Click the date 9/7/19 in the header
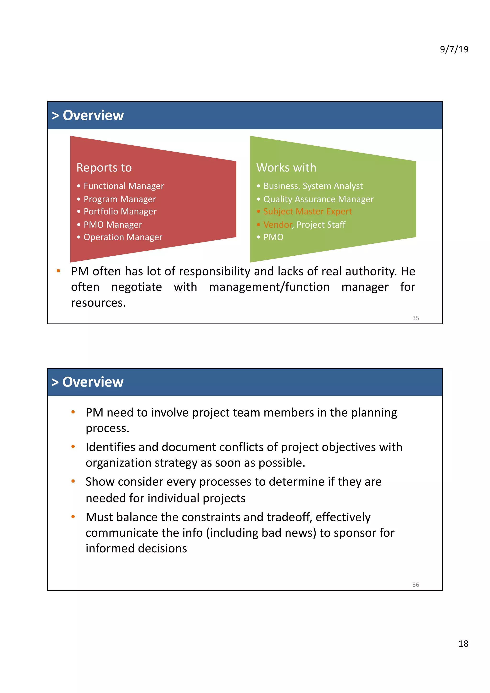[454, 49]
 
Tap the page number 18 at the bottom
[463, 643]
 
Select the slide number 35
[415, 318]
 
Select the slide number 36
[415, 585]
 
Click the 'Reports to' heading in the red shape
[104, 168]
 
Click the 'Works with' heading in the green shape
[286, 168]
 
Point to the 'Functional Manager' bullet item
[124, 186]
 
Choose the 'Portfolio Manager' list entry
[120, 212]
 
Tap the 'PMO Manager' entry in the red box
[113, 225]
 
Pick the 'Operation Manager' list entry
[123, 237]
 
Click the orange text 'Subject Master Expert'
[308, 212]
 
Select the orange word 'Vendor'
[278, 225]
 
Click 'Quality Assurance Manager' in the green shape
[318, 199]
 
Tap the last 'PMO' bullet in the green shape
[273, 237]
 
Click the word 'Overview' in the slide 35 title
[93, 115]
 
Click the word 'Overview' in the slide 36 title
[93, 382]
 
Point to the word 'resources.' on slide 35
[98, 303]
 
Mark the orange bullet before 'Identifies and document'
[73, 446]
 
